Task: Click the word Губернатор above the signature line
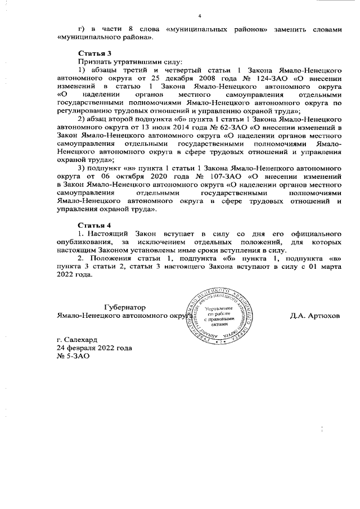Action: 124,308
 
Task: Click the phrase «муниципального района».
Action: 104,37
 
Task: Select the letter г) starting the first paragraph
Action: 81,28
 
